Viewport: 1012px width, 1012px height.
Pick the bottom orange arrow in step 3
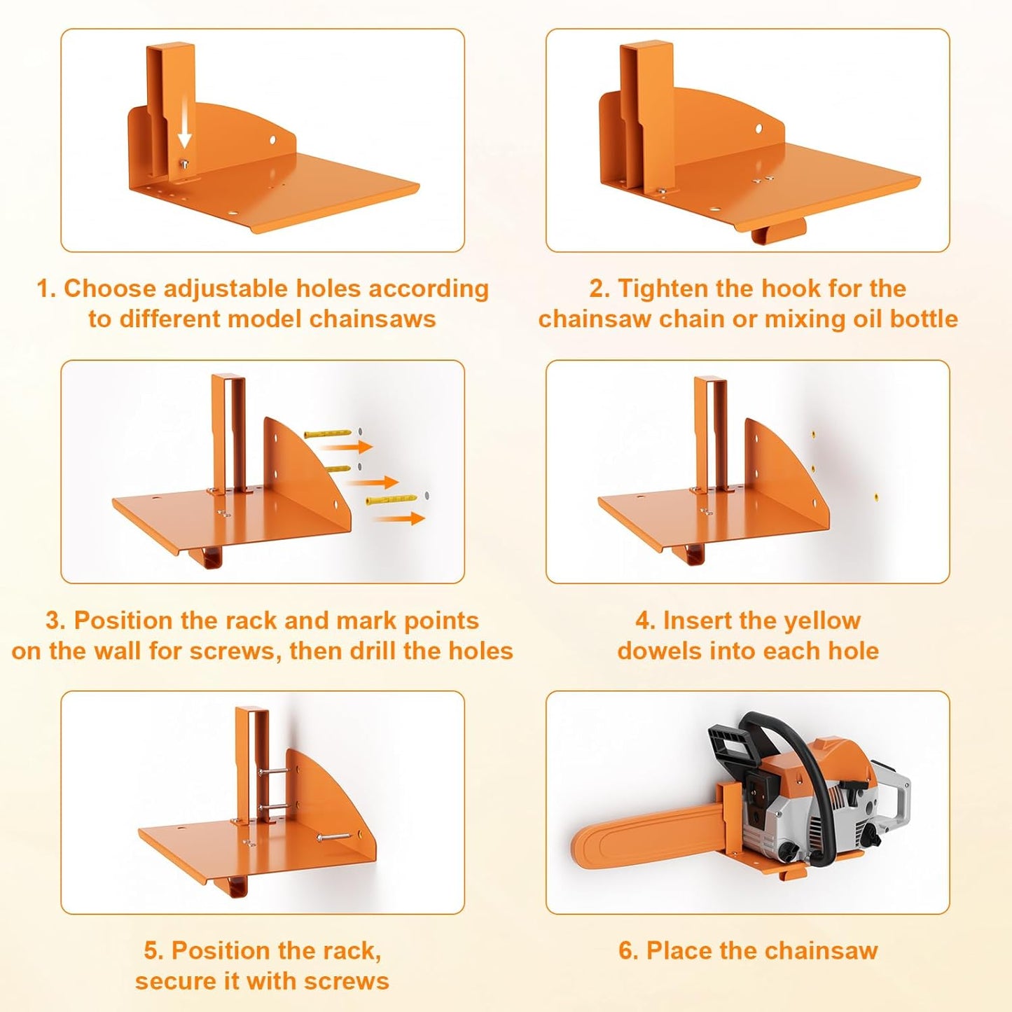coord(400,518)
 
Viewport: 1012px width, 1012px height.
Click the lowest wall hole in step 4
coord(876,497)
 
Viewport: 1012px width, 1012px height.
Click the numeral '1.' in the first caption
coord(46,289)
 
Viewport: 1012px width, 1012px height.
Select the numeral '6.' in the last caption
coord(628,950)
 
